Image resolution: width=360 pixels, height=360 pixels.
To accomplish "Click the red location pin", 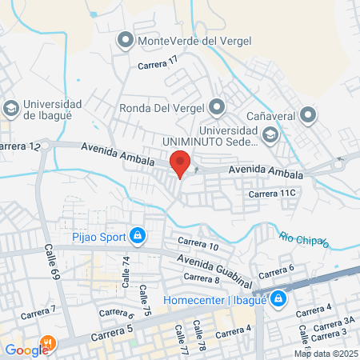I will tap(180, 163).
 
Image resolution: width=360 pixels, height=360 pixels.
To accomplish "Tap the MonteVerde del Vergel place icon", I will tap(126, 39).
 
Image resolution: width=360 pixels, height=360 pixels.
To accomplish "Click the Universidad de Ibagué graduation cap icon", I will tap(11, 107).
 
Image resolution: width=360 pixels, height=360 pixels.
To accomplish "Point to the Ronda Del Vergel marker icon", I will tap(217, 106).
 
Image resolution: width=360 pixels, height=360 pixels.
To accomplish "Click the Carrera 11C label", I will tap(273, 193).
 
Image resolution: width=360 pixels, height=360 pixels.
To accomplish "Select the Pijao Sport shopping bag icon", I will tap(138, 235).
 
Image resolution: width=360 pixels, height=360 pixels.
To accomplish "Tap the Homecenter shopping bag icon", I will tap(278, 299).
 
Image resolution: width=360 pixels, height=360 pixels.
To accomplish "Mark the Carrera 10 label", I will tap(198, 243).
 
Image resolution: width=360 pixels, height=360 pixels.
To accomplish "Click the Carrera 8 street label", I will tap(202, 278).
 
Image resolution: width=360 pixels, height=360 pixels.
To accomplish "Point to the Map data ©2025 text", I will tap(325, 354).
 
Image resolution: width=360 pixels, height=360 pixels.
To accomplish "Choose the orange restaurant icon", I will tap(49, 345).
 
